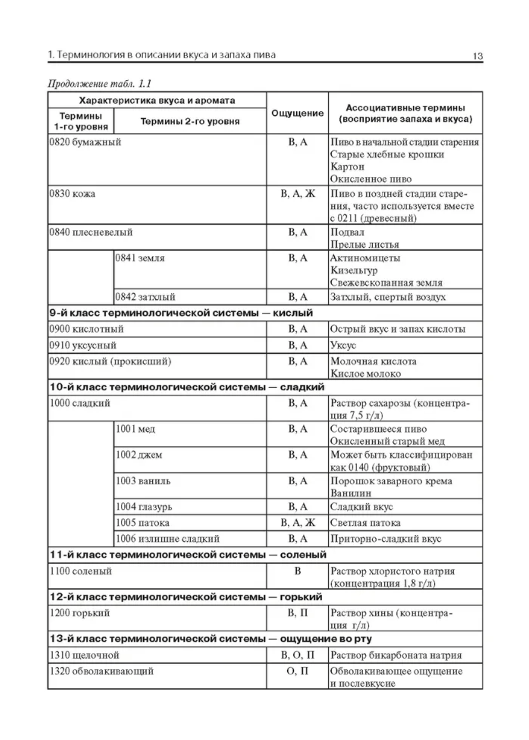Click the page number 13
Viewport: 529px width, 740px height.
tap(477, 56)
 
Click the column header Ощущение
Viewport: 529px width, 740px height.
tap(297, 113)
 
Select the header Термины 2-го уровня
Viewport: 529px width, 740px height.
tap(190, 121)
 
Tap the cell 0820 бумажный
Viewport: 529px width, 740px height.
tap(85, 142)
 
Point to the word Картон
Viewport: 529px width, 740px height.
tap(347, 166)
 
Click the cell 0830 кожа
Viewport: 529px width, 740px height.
tap(72, 194)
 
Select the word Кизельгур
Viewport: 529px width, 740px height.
tap(354, 270)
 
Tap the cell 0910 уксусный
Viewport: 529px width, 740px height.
tap(83, 345)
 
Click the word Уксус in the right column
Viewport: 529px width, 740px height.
tap(343, 345)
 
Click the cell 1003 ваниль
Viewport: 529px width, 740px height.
tap(143, 481)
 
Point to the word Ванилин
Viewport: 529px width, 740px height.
tap(350, 493)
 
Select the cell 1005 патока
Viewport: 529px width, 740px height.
tap(143, 523)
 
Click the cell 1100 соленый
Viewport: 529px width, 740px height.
tap(81, 571)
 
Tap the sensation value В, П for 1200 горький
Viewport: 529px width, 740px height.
tap(297, 613)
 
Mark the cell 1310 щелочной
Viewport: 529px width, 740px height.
tap(84, 655)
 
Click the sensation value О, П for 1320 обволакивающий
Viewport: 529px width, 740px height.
tap(297, 671)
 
